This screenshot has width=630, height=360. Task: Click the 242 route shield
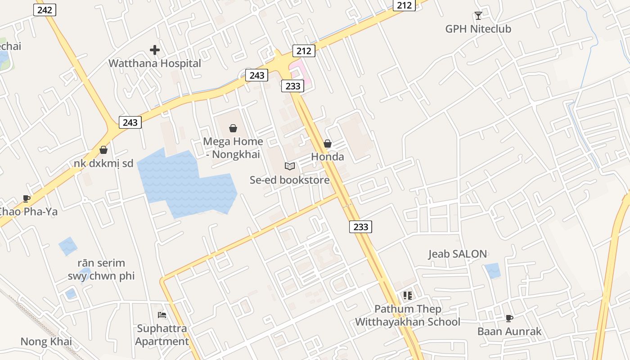[45, 9]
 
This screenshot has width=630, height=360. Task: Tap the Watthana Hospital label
[154, 63]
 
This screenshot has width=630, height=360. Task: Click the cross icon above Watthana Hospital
[155, 50]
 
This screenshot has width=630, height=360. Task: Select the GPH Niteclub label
[478, 29]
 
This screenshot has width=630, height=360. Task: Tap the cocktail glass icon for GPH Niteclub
[478, 16]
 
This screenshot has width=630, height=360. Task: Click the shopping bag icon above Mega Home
[233, 129]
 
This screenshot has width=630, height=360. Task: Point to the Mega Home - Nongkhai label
[233, 148]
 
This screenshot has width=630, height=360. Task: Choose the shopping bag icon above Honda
[328, 144]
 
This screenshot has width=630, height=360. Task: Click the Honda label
[328, 157]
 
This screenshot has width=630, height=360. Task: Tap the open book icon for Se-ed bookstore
[290, 166]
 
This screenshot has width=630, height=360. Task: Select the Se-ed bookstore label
[290, 180]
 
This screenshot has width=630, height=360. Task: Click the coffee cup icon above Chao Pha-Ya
[27, 198]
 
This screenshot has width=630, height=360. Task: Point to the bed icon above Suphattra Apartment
[162, 315]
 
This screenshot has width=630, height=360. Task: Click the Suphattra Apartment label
[162, 335]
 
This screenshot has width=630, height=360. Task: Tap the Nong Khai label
[46, 342]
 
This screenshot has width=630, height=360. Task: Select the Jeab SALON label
[457, 254]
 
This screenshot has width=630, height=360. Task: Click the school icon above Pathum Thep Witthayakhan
[408, 296]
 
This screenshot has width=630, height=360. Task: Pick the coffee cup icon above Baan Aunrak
[509, 318]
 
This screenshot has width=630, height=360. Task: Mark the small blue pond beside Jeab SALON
[493, 270]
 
